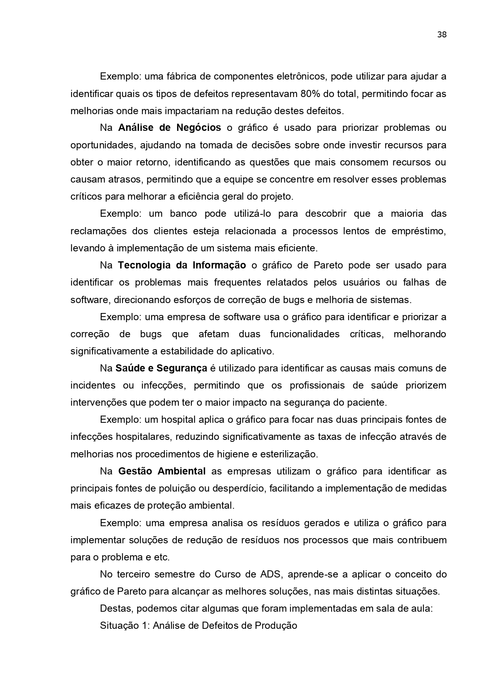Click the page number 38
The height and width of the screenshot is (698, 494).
442,35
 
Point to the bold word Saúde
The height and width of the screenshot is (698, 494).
130,368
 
